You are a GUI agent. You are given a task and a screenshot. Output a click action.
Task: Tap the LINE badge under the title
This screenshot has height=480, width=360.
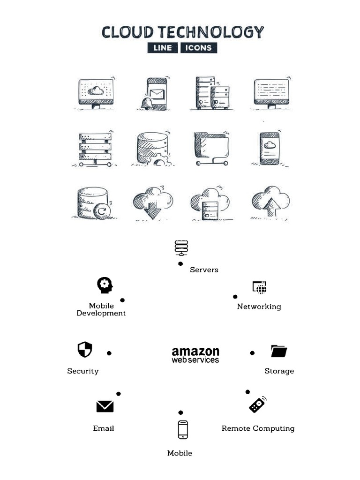(x=162, y=48)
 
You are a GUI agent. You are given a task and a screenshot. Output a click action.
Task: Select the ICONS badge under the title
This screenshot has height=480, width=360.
(x=198, y=48)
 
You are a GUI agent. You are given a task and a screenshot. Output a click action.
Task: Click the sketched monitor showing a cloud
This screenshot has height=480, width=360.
(x=96, y=93)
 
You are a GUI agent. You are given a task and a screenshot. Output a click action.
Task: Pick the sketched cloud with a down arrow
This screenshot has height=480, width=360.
(x=152, y=203)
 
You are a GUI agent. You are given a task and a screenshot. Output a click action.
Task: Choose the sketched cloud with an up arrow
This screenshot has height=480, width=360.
(x=270, y=202)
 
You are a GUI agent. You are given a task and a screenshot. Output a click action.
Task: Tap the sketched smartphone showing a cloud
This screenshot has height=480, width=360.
(x=270, y=148)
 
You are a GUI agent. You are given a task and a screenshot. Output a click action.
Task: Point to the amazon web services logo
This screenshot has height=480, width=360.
(x=195, y=355)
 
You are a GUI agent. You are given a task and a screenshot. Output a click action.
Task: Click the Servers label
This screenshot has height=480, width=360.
(x=204, y=270)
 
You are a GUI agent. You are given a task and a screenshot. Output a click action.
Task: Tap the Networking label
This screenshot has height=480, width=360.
(x=259, y=307)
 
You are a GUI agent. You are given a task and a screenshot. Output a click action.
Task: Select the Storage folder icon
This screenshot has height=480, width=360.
(x=279, y=351)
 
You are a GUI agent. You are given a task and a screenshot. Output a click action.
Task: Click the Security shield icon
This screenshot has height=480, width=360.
(x=85, y=349)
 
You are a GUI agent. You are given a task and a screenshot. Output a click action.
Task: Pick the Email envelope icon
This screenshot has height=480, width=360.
(x=105, y=406)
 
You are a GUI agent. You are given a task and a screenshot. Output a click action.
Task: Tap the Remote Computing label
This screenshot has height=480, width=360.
(x=258, y=428)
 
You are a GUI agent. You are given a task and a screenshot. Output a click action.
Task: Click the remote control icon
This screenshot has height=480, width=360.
(x=257, y=405)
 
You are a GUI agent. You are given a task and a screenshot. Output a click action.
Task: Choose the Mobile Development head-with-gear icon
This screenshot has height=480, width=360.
(x=105, y=285)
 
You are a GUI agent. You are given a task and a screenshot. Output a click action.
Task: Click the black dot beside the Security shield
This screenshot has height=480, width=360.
(x=109, y=353)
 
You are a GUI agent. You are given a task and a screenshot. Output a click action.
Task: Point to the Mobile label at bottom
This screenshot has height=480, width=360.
(x=180, y=453)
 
